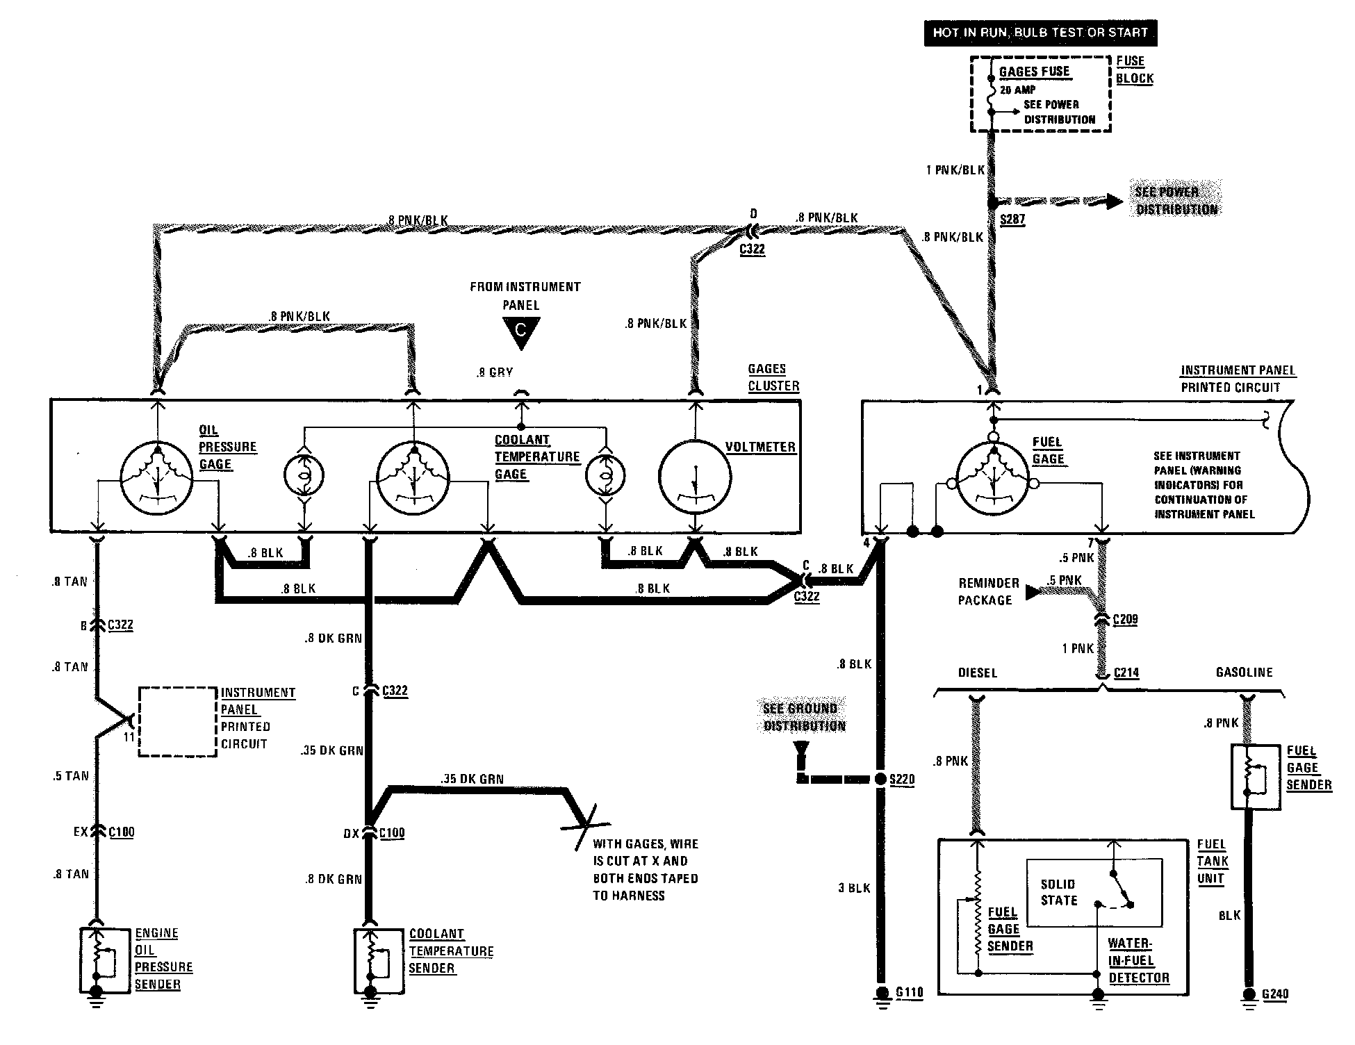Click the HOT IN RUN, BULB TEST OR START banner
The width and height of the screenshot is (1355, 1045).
click(x=1040, y=33)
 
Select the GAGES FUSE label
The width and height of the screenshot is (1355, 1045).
click(x=1034, y=72)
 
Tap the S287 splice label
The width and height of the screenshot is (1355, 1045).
click(x=1012, y=220)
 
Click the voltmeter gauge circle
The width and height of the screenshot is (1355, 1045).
click(x=694, y=476)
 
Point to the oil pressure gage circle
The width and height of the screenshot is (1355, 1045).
click(x=156, y=477)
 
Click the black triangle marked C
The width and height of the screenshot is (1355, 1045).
click(x=520, y=331)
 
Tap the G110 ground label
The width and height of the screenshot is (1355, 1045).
click(x=909, y=992)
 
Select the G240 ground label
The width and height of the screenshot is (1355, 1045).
click(x=1275, y=994)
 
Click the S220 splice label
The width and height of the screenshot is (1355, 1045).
click(x=902, y=779)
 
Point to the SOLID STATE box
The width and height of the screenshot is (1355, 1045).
click(x=1094, y=893)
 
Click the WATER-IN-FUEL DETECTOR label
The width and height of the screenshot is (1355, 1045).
click(x=1138, y=960)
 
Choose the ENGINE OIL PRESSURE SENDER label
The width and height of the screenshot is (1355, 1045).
click(x=163, y=959)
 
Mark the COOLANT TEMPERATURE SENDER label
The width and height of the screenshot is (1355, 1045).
click(x=450, y=951)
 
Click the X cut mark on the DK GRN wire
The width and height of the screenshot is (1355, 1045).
click(x=584, y=826)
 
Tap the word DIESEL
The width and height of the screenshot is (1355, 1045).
click(x=977, y=673)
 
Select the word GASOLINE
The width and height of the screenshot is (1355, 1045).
click(x=1244, y=673)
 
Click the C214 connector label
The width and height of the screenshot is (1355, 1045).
click(x=1126, y=673)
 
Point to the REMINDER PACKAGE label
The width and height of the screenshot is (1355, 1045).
click(x=988, y=591)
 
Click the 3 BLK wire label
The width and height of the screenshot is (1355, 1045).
click(x=854, y=888)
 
